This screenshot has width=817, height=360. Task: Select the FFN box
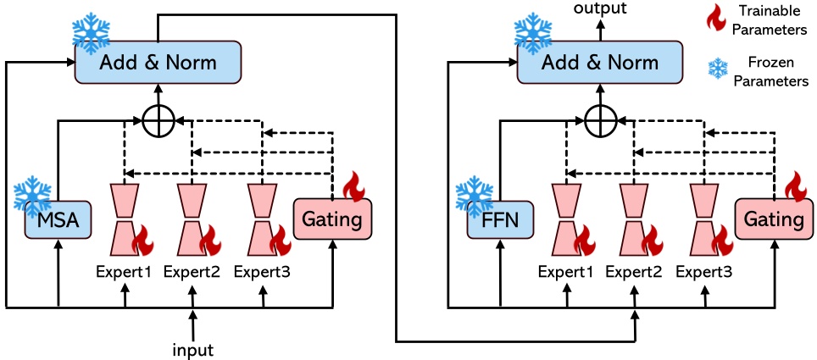click(x=498, y=221)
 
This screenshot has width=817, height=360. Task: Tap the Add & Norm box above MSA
click(x=158, y=63)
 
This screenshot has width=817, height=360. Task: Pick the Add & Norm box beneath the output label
click(x=600, y=63)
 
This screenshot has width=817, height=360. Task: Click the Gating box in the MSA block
click(x=331, y=220)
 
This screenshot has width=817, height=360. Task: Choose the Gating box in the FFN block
click(x=773, y=220)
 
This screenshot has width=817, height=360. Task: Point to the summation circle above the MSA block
click(x=158, y=122)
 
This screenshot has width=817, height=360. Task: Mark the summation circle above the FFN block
click(x=600, y=122)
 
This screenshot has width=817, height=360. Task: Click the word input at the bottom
click(x=193, y=348)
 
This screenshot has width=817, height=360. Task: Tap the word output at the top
click(x=600, y=8)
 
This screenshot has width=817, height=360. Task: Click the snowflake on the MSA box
click(x=32, y=194)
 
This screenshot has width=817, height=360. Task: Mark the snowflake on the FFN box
click(x=474, y=194)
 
